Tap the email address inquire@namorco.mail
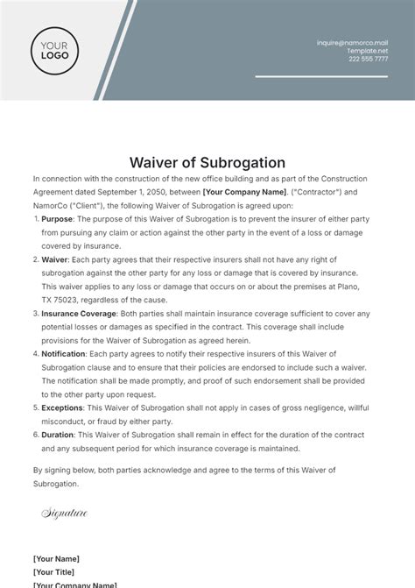[352, 42]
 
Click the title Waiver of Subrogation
[207, 162]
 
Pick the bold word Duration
[60, 435]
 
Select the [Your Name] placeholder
[56, 558]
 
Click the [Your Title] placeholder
[55, 571]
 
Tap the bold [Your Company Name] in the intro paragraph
[244, 190]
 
